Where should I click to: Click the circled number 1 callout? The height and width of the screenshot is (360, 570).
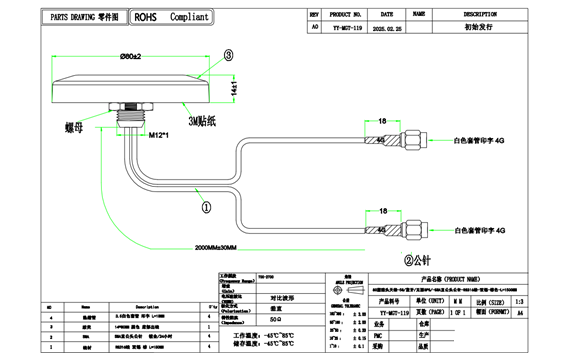(x=205, y=208)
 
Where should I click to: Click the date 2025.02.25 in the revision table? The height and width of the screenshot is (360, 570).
(x=385, y=29)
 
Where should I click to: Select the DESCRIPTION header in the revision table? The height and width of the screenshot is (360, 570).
(x=479, y=15)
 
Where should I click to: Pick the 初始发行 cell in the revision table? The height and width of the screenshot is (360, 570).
(x=479, y=29)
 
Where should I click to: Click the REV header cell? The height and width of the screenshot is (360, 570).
(x=314, y=15)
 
